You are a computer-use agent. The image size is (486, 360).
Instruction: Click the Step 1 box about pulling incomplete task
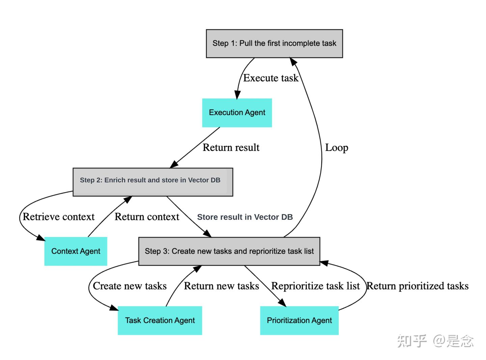[274, 44]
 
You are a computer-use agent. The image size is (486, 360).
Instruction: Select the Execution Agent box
[237, 113]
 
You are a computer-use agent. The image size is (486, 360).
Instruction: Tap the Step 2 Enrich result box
[153, 182]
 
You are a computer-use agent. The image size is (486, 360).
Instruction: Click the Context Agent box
[76, 251]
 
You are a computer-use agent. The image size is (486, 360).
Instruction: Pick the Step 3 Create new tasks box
[229, 251]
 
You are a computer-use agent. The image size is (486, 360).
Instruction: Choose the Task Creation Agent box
[160, 320]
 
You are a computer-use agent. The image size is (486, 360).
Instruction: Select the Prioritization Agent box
[299, 320]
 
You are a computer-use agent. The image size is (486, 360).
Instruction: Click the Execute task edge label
[271, 78]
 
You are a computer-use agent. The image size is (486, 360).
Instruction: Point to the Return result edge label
[231, 148]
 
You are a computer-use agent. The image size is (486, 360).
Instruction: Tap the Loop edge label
[336, 148]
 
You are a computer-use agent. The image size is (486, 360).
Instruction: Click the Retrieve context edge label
[58, 217]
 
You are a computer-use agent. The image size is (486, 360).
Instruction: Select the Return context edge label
[147, 217]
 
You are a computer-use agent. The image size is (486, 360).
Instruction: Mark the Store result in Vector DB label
[245, 217]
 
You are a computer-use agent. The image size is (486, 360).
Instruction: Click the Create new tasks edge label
[130, 286]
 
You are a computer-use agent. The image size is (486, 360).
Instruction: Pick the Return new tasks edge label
[221, 286]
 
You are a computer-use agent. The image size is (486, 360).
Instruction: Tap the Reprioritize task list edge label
[315, 286]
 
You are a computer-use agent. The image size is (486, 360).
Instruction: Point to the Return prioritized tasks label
[417, 286]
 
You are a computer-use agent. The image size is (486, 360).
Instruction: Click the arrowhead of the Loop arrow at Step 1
[293, 61]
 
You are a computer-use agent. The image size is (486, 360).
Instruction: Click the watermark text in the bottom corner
[435, 341]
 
